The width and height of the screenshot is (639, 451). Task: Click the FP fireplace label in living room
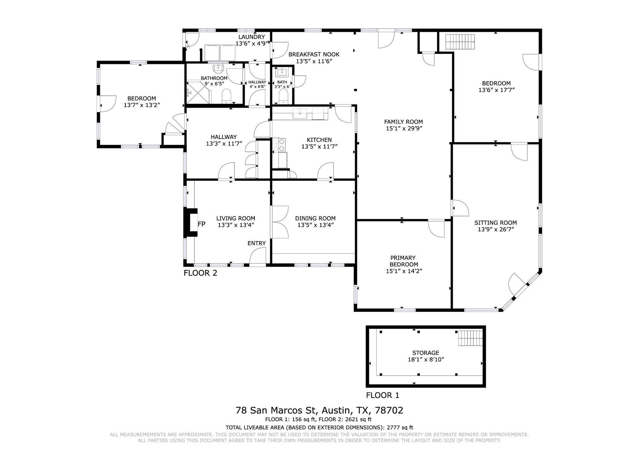(x=202, y=224)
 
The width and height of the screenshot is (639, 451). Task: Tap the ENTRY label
(x=256, y=243)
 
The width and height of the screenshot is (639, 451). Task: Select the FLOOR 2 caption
(x=200, y=273)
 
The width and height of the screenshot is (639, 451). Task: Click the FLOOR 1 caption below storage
(x=383, y=395)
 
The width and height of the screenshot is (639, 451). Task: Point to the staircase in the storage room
(x=470, y=338)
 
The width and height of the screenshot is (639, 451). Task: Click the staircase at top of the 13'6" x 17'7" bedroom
(x=460, y=42)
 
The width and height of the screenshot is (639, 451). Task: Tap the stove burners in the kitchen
(x=279, y=145)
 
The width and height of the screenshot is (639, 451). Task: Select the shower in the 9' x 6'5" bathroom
(x=197, y=92)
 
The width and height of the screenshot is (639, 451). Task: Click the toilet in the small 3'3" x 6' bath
(x=283, y=96)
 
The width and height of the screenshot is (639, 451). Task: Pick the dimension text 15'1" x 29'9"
(x=404, y=128)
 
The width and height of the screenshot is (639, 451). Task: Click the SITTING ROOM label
(x=495, y=223)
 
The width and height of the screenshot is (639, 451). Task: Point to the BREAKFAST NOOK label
(x=314, y=54)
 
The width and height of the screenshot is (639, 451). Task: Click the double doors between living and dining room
(x=280, y=222)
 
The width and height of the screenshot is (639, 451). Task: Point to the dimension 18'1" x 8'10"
(x=426, y=359)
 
